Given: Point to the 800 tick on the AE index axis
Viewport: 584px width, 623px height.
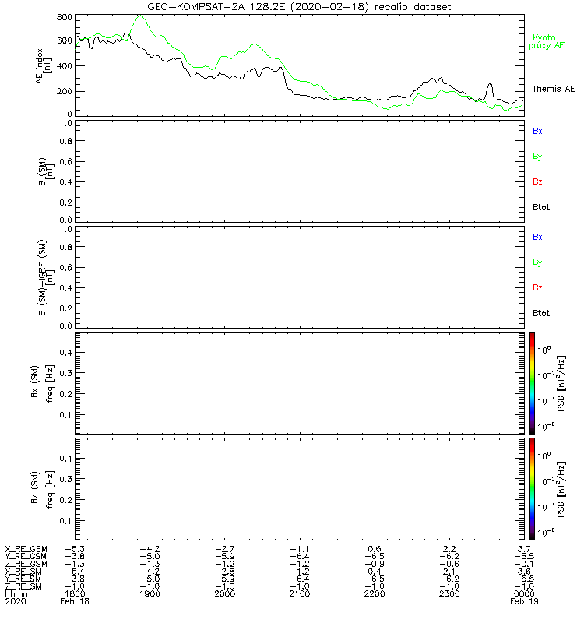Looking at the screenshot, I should pyautogui.click(x=64, y=17).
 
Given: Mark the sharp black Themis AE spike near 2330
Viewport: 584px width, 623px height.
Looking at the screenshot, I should pyautogui.click(x=490, y=83).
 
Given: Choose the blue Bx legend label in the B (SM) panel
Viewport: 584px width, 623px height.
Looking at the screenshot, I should pyautogui.click(x=537, y=131).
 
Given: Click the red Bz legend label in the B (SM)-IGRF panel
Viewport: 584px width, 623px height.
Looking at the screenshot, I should pyautogui.click(x=537, y=288).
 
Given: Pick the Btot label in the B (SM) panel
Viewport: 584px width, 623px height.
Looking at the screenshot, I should pyautogui.click(x=540, y=208).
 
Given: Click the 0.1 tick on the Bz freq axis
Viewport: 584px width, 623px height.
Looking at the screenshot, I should pyautogui.click(x=65, y=520).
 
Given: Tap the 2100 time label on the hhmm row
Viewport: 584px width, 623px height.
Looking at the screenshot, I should pyautogui.click(x=299, y=593).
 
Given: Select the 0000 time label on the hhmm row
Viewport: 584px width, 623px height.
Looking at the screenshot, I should pyautogui.click(x=523, y=593).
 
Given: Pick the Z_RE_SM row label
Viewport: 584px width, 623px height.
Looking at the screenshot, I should pyautogui.click(x=24, y=585).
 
